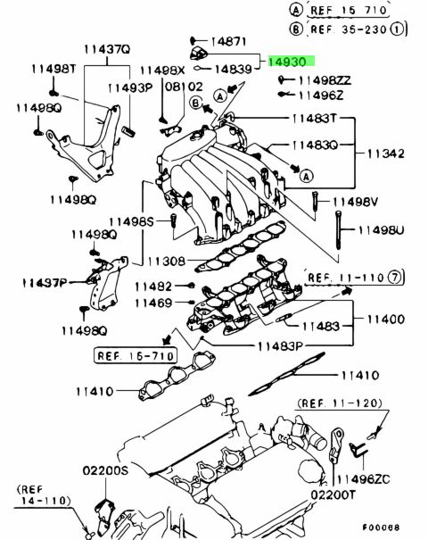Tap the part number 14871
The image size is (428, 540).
(x=228, y=42)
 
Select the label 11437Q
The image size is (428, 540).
(x=107, y=49)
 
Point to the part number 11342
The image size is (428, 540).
(x=386, y=154)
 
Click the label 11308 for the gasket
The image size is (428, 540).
(x=167, y=261)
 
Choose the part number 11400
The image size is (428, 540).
(x=386, y=320)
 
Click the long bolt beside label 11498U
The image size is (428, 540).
(x=339, y=230)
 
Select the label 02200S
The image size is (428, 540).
(x=105, y=470)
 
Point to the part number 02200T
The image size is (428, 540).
(x=333, y=494)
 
